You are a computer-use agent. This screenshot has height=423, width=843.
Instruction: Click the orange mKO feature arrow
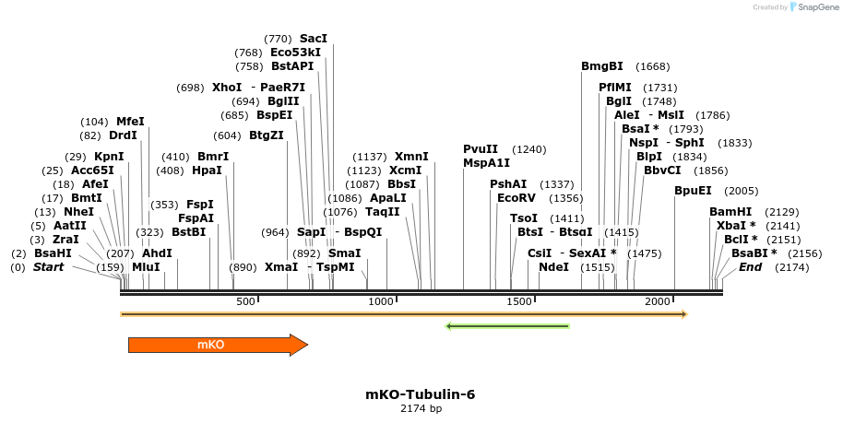217,345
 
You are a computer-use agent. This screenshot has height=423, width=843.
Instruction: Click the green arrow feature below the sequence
506,326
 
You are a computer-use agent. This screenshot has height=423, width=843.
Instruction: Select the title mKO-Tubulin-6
421,394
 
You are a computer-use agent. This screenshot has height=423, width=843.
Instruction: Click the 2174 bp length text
421,408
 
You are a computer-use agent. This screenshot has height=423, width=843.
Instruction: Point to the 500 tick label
246,302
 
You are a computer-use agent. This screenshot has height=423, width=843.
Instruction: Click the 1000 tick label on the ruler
381,302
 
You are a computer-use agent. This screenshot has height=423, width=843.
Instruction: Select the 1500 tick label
519,302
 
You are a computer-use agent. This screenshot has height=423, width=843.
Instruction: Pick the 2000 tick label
657,302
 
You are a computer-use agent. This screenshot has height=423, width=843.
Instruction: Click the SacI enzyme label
314,39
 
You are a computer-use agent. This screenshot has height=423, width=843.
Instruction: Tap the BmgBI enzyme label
602,66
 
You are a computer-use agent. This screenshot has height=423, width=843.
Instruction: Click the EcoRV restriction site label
516,198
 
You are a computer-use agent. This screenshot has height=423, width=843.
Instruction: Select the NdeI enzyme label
553,267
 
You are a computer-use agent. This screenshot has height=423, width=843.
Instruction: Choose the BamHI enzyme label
730,212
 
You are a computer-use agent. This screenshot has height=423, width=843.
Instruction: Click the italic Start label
49,267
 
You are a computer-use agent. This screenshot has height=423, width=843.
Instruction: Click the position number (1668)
653,66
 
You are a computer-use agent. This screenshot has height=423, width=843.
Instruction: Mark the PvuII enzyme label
481,149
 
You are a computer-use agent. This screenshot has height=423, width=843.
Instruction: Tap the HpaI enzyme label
207,170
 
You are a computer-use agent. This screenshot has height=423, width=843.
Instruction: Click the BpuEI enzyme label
693,191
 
